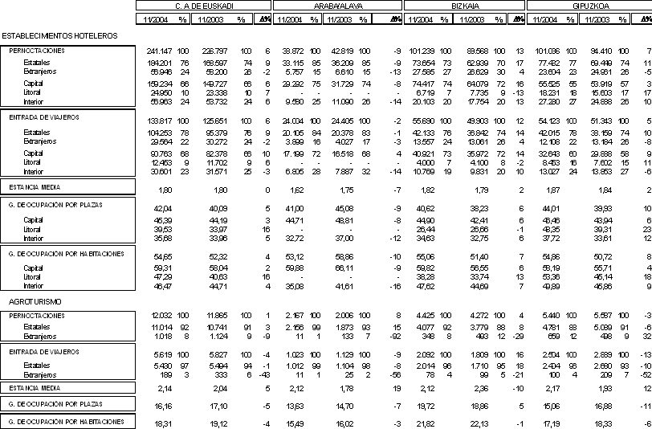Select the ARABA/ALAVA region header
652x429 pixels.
pyautogui.click(x=337, y=6)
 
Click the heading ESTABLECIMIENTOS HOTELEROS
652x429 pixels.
pyautogui.click(x=59, y=36)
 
